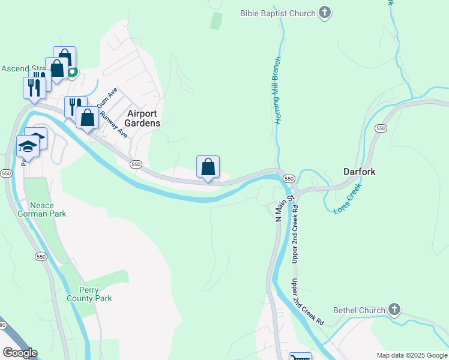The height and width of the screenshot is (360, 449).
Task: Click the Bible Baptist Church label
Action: coord(277,13)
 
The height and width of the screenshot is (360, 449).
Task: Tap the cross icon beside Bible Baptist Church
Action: coord(325,13)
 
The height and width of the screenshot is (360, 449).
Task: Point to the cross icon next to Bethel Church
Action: coord(394,310)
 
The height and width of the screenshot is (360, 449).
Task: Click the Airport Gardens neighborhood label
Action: coord(143,118)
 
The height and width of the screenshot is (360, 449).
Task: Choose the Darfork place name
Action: coord(359,172)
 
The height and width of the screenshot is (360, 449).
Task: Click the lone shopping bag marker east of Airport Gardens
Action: coord(208,167)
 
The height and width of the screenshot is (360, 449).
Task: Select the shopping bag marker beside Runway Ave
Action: coord(88,118)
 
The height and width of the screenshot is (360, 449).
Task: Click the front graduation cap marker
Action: coord(28,146)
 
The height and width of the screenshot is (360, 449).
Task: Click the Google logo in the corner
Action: coord(20,352)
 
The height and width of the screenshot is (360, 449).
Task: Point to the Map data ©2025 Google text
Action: coord(411,355)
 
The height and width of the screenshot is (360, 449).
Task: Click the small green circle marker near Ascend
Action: coord(72,73)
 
